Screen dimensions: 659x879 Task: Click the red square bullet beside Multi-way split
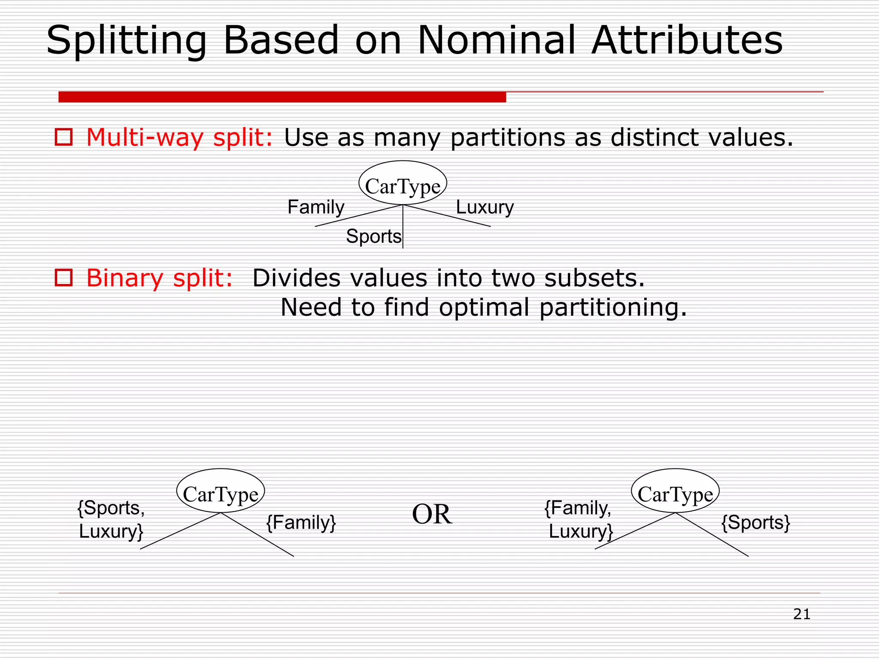tap(64, 137)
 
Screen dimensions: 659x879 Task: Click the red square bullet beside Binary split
tap(64, 278)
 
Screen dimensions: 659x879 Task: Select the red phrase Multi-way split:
tap(179, 138)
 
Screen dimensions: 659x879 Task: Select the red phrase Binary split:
tap(160, 278)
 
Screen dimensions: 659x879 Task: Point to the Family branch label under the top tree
tap(316, 207)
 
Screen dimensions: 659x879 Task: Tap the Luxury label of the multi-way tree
tap(485, 207)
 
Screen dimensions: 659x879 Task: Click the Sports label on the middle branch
tap(373, 236)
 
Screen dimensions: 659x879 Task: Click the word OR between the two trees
tap(432, 514)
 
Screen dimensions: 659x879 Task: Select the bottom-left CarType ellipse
tap(221, 491)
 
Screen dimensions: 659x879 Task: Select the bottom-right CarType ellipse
tap(675, 491)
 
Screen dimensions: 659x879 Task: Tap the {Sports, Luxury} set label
tap(111, 520)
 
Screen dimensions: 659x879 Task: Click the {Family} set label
tap(301, 523)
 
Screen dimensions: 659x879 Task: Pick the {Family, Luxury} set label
tap(578, 520)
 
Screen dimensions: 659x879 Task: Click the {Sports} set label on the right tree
tap(755, 523)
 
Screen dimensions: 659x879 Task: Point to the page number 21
tap(801, 614)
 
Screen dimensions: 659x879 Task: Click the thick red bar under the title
tap(282, 97)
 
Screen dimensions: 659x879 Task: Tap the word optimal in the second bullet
tap(484, 307)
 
